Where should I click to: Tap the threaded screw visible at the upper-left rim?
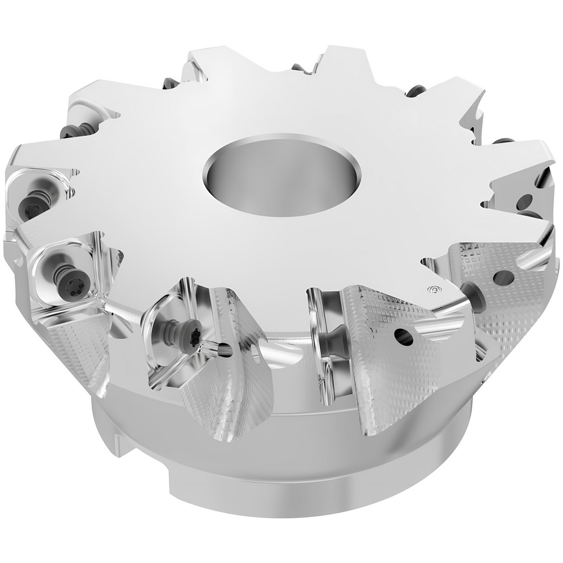(73, 131)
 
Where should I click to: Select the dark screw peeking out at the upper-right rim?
(415, 90)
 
